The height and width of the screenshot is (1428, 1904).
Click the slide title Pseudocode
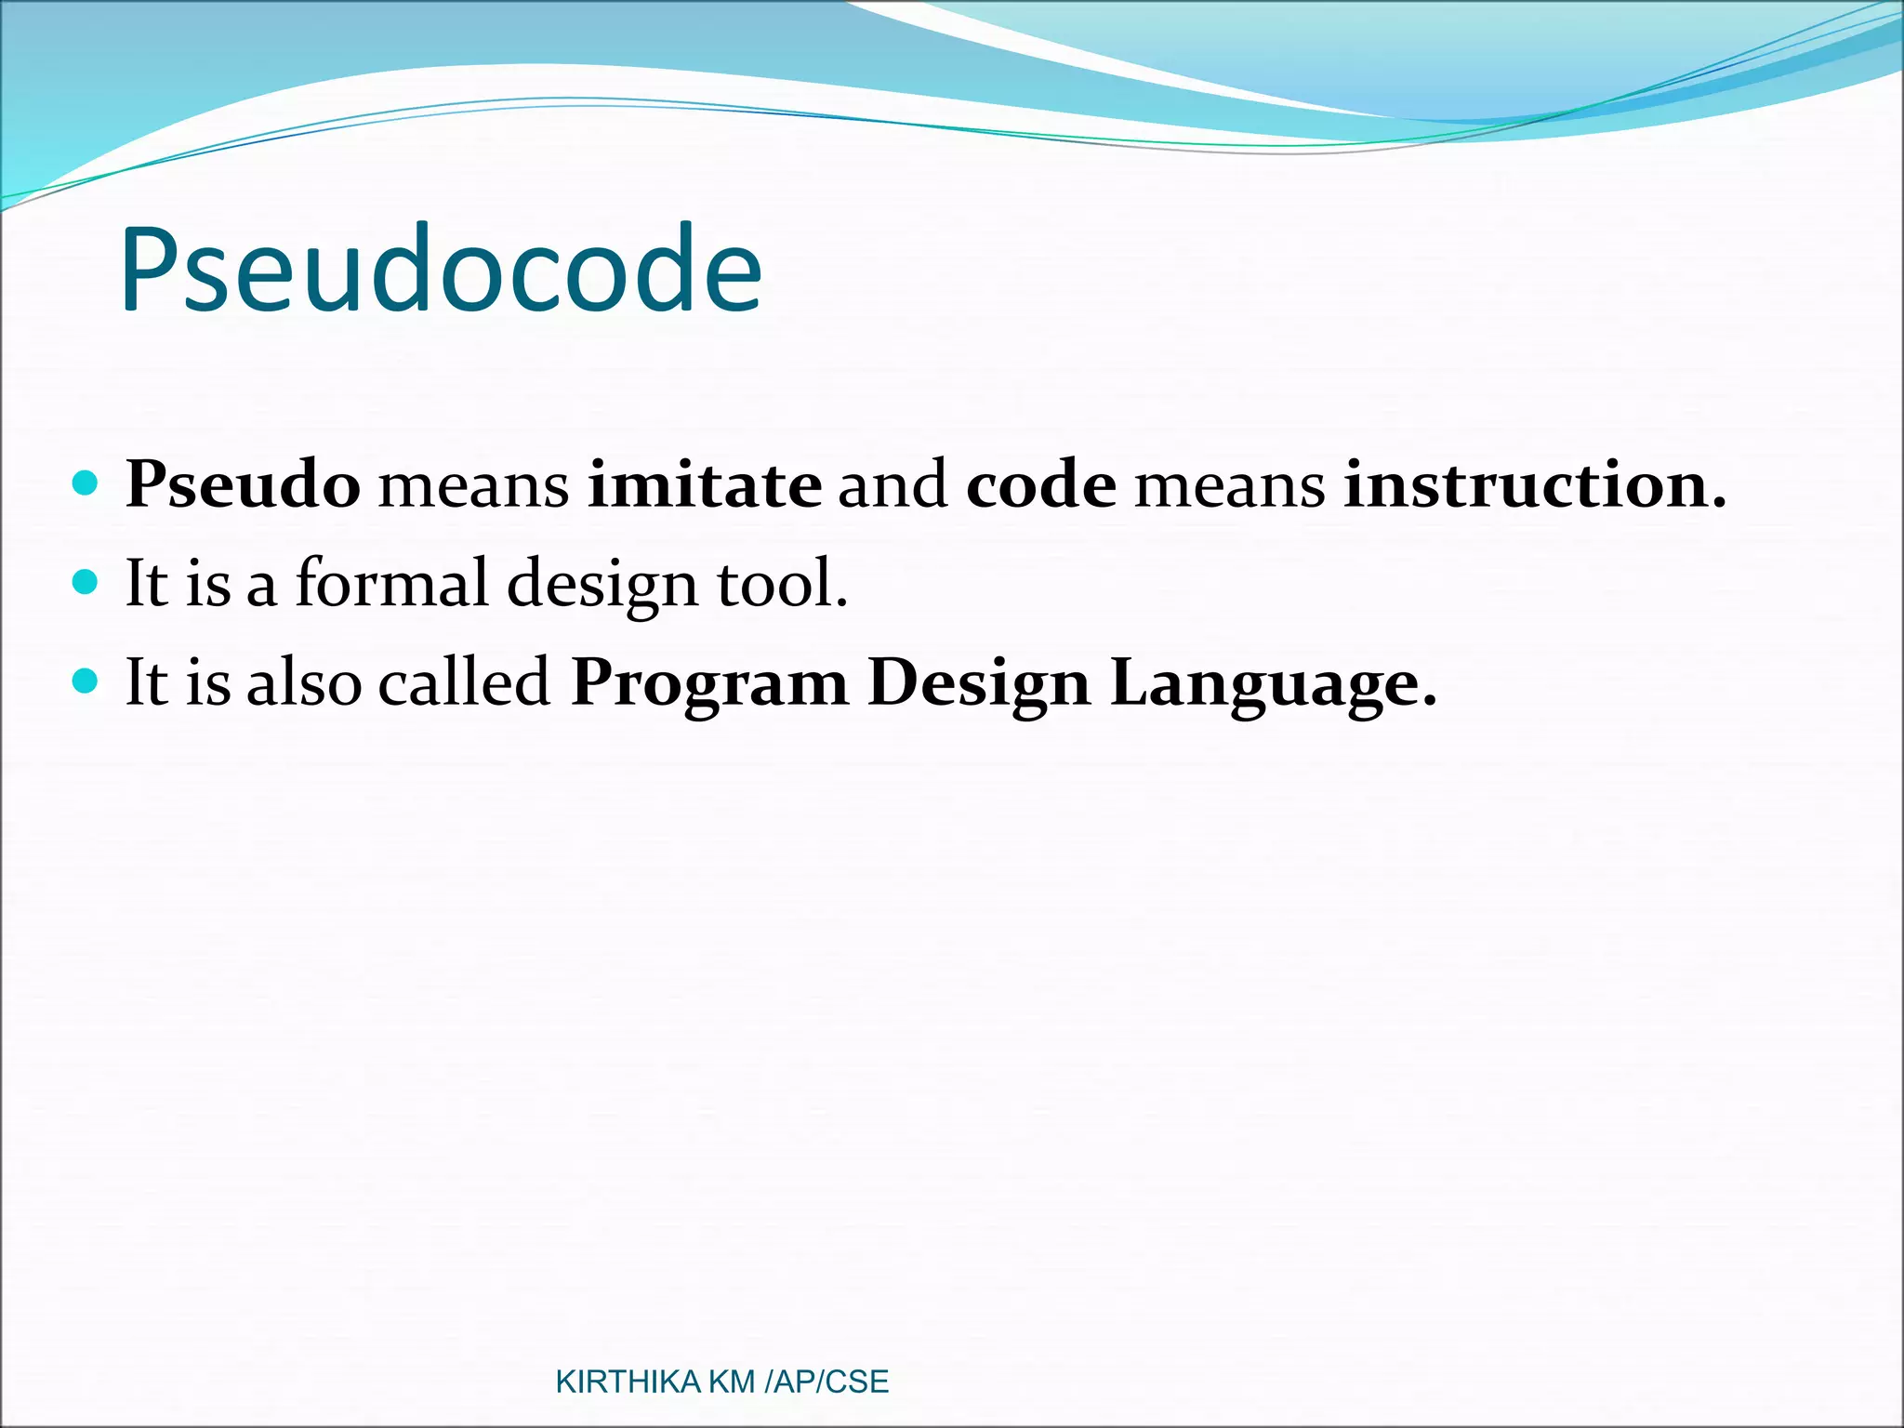tap(440, 270)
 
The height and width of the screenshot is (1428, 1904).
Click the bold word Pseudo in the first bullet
tap(243, 485)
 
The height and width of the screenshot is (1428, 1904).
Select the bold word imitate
tap(705, 485)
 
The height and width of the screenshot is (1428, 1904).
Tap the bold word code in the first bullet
tap(1040, 485)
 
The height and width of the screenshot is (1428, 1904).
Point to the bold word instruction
tap(1534, 485)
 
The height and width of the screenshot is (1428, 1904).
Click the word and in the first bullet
tap(893, 485)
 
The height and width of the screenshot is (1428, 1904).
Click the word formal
tap(391, 584)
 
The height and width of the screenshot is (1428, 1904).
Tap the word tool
tap(781, 584)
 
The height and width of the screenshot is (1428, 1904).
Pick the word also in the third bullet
tap(304, 682)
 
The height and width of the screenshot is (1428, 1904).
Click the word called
tap(465, 682)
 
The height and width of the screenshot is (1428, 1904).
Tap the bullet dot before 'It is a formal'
tap(85, 583)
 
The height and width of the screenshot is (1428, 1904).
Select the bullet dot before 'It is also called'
tap(85, 681)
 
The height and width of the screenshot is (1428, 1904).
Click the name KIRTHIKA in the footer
tap(628, 1382)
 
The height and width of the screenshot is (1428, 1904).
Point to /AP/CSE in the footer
tap(826, 1382)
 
